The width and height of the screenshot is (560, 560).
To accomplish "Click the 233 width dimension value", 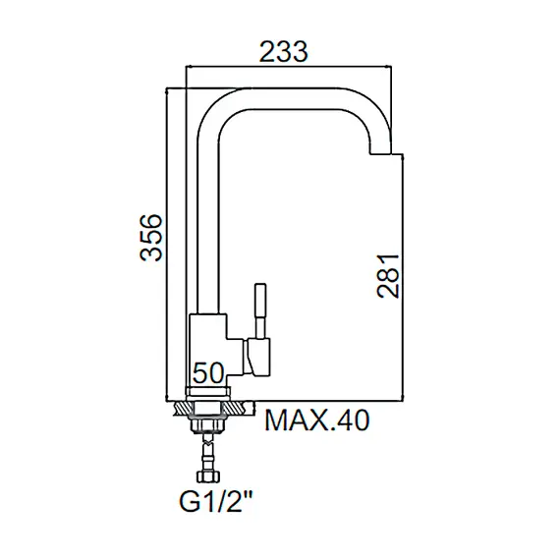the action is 283,52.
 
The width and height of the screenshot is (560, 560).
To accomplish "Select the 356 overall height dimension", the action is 151,238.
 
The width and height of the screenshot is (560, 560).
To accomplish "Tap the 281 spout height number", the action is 388,276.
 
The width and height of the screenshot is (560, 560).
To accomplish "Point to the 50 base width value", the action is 208,373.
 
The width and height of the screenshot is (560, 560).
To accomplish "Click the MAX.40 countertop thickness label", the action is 316,420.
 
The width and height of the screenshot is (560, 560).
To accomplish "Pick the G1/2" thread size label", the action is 216,503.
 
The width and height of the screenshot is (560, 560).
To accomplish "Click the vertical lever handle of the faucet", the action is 260,310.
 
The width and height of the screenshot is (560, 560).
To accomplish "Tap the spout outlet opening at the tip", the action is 381,154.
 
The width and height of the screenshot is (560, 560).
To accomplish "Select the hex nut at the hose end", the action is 208,476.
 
